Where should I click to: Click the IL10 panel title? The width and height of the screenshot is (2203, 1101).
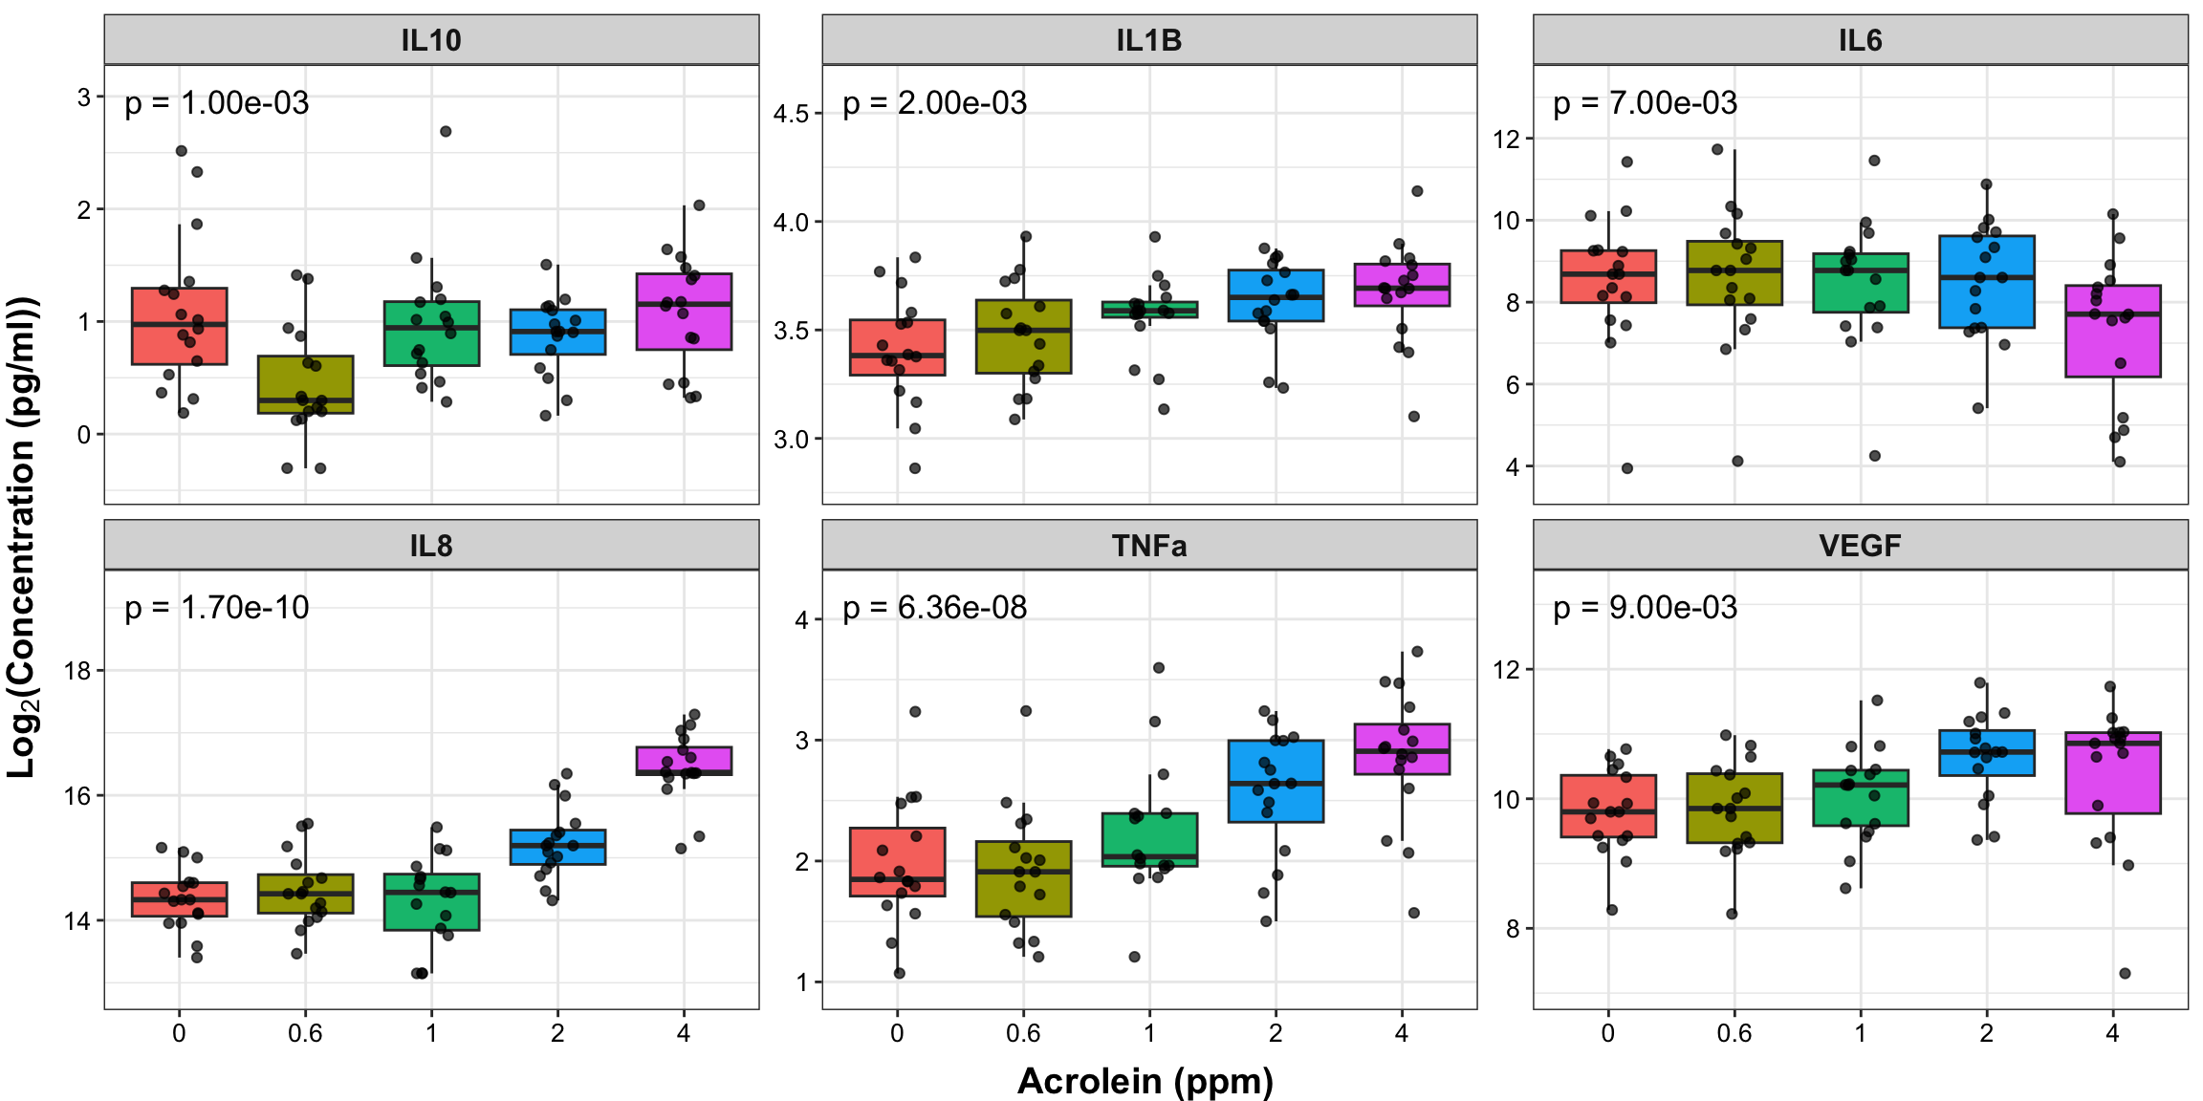click(x=431, y=40)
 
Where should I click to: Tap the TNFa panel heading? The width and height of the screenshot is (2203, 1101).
click(x=1148, y=546)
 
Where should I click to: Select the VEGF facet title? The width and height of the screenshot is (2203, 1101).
click(x=1860, y=546)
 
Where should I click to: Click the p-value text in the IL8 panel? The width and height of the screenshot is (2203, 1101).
click(x=217, y=608)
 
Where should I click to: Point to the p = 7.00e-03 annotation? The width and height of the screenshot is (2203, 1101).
click(x=1645, y=103)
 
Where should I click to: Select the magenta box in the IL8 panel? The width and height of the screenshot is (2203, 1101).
click(x=684, y=761)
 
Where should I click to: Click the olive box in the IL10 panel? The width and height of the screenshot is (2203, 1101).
click(x=305, y=384)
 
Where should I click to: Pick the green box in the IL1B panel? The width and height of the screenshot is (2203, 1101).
click(x=1149, y=310)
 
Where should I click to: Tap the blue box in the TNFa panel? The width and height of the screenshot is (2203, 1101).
click(x=1276, y=781)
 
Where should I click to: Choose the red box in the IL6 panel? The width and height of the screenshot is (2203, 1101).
click(x=1608, y=276)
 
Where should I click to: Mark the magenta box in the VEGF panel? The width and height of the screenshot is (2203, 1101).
click(x=2112, y=773)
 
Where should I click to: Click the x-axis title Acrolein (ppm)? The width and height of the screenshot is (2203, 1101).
click(x=1145, y=1081)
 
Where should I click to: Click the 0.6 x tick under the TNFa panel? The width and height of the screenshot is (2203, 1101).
click(x=1023, y=1033)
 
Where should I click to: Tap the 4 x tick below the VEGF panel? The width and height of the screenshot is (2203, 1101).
click(x=2112, y=1033)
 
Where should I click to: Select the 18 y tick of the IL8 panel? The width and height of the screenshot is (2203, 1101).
click(x=77, y=671)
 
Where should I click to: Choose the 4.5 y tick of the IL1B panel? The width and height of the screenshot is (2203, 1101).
click(x=791, y=114)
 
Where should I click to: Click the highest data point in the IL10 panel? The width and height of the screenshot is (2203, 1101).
click(x=446, y=132)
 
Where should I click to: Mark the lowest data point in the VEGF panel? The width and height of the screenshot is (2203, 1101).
click(x=2125, y=973)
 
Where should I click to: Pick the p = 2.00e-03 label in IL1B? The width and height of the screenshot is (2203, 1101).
click(x=934, y=103)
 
